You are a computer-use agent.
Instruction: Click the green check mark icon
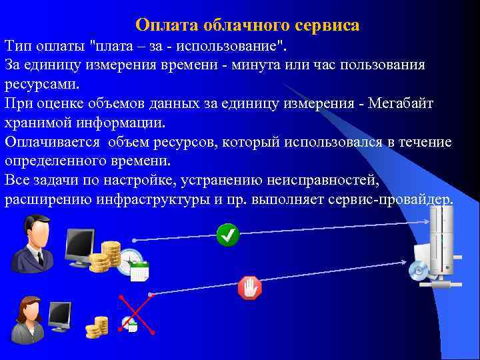click(x=228, y=235)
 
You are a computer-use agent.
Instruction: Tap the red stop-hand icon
click(x=249, y=289)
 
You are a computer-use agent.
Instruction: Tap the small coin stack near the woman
click(x=97, y=327)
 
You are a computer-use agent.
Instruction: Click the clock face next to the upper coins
click(x=130, y=261)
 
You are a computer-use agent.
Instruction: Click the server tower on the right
click(x=441, y=243)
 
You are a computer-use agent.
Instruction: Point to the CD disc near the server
click(x=418, y=269)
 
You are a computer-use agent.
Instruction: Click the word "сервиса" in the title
click(x=326, y=25)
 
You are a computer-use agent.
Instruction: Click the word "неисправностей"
click(x=324, y=181)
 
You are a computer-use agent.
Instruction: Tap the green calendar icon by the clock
click(x=139, y=271)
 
